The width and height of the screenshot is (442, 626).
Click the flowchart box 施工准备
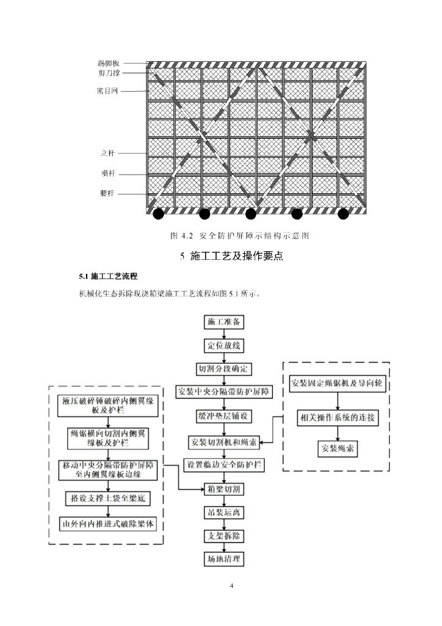224,322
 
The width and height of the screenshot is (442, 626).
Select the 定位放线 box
224,345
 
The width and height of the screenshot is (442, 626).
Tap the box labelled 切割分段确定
224,369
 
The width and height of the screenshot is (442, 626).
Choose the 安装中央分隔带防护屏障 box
224,391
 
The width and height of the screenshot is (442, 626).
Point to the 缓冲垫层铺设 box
224,415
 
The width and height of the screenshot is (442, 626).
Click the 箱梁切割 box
224,489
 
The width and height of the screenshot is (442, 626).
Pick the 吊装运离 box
224,512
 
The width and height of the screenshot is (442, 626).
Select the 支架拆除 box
224,536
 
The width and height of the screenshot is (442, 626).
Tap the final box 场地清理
224,559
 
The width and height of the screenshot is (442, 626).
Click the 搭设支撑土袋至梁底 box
107,499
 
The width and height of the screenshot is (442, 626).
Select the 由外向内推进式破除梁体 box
107,525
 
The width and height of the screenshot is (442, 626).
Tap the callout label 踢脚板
109,64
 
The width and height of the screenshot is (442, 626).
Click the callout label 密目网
107,91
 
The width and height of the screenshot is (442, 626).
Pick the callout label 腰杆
107,194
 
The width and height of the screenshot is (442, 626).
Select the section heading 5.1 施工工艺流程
108,276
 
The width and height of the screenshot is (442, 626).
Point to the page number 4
231,586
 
